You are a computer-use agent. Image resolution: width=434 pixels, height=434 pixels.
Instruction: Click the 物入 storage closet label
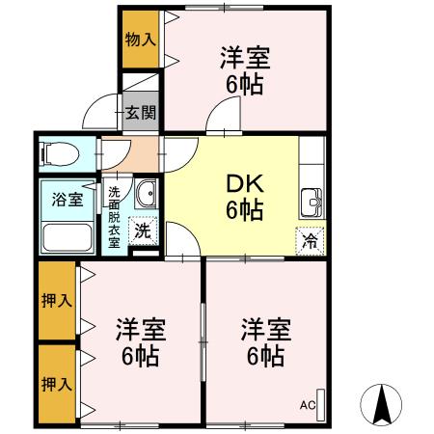(x=140, y=40)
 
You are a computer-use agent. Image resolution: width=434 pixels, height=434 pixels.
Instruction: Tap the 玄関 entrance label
(x=141, y=112)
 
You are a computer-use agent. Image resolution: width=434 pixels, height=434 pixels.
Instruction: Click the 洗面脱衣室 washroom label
(x=114, y=217)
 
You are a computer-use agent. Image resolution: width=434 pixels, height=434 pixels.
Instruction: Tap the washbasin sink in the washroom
(x=147, y=195)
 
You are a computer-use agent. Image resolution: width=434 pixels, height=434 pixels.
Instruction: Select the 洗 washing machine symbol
(x=142, y=231)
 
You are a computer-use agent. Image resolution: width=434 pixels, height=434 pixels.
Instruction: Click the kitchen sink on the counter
(x=312, y=203)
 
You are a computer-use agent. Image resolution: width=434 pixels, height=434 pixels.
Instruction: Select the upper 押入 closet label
(x=57, y=301)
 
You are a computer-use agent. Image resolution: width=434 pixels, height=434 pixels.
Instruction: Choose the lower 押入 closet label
(x=57, y=384)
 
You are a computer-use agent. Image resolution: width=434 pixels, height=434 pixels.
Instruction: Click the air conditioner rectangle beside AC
(x=322, y=404)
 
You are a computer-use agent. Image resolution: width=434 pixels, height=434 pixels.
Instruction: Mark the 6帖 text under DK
(x=245, y=208)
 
